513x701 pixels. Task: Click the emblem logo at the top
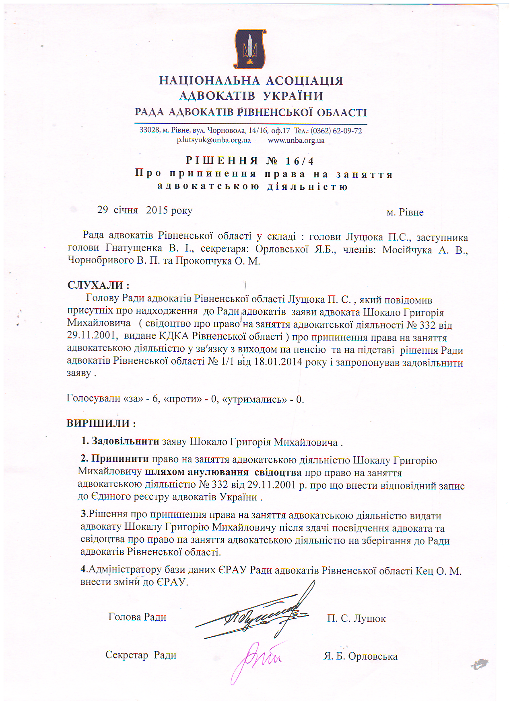pyautogui.click(x=250, y=48)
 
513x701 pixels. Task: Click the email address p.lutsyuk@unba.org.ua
pyautogui.click(x=214, y=140)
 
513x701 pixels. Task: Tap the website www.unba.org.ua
pyautogui.click(x=296, y=140)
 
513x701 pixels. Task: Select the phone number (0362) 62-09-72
pyautogui.click(x=336, y=131)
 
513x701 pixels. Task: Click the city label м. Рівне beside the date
pyautogui.click(x=405, y=212)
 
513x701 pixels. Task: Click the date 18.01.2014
pyautogui.click(x=278, y=361)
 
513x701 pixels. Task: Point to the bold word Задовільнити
pyautogui.click(x=125, y=441)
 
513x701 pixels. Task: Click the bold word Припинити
pyautogui.click(x=120, y=459)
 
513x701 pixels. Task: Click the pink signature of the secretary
pyautogui.click(x=256, y=658)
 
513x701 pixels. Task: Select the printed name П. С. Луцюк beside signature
pyautogui.click(x=356, y=619)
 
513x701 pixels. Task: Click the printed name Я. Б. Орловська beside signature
pyautogui.click(x=360, y=656)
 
